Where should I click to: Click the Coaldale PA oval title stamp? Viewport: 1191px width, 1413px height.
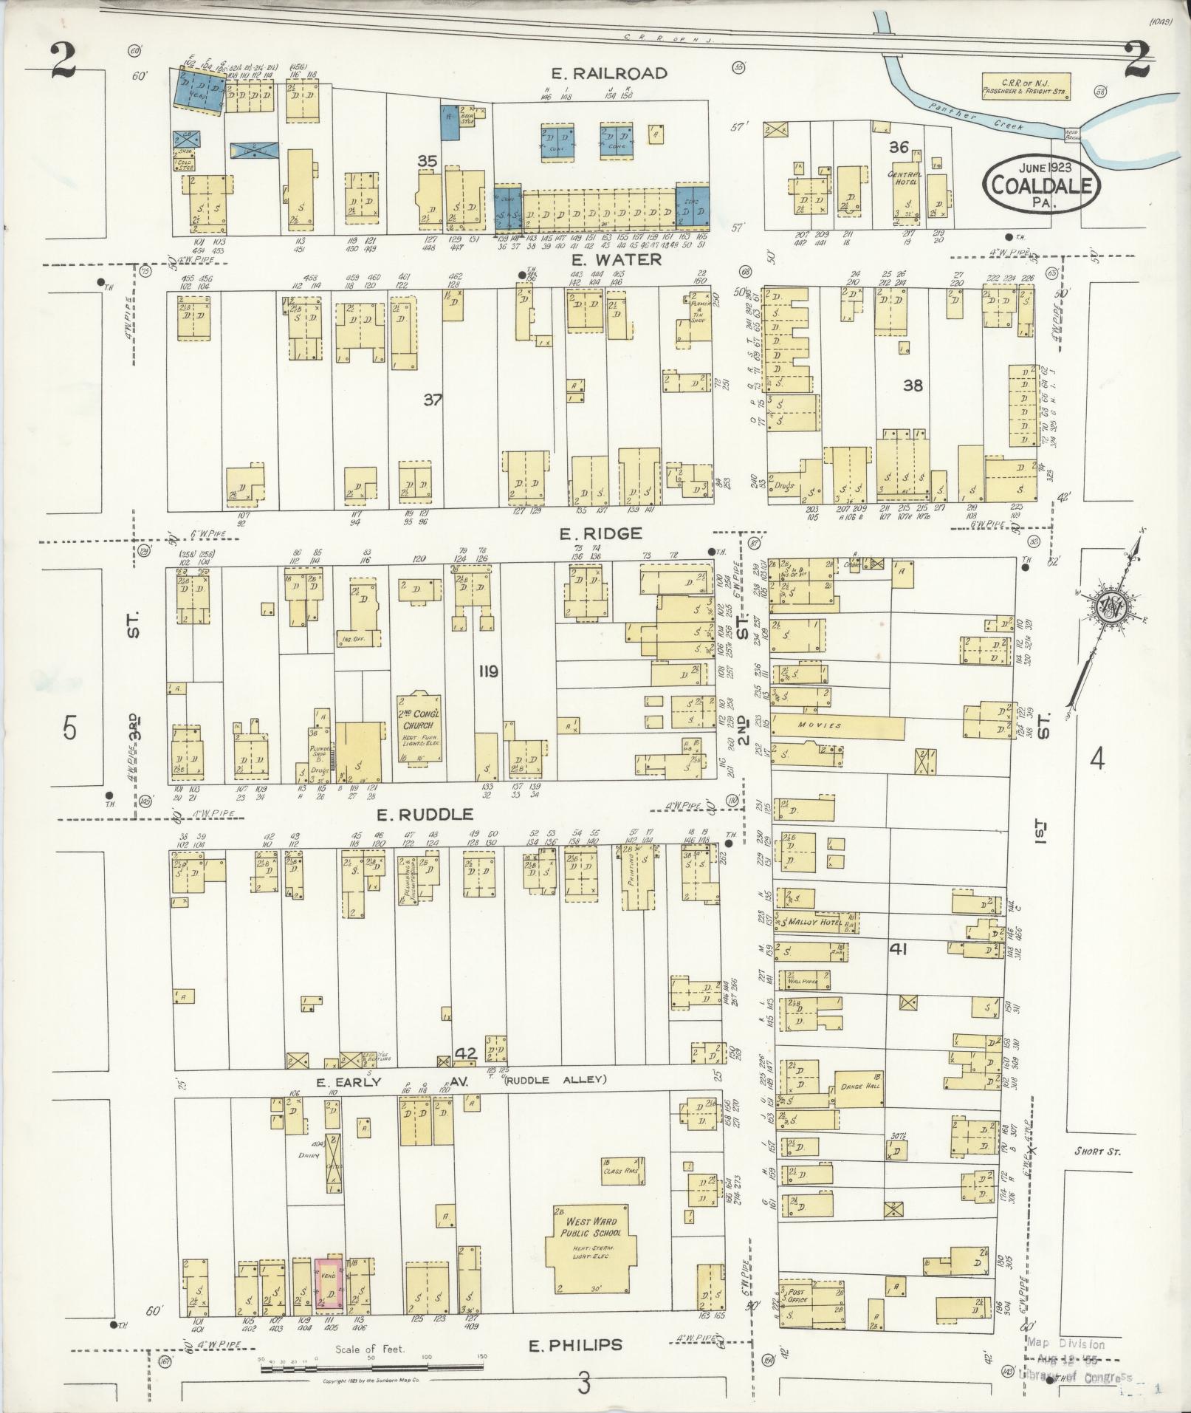point(1041,184)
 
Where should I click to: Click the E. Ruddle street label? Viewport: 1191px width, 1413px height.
point(425,815)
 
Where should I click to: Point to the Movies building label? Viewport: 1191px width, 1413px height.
point(820,725)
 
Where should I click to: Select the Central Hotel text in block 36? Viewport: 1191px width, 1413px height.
point(901,178)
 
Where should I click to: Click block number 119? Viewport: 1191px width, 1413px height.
point(488,671)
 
